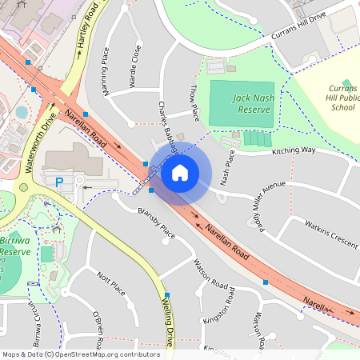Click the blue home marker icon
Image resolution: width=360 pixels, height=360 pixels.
coord(180,172)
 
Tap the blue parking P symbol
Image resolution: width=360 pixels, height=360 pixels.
coord(59,182)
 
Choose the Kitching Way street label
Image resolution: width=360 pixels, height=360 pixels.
coord(294,150)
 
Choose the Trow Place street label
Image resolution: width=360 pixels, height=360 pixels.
coord(193,96)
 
